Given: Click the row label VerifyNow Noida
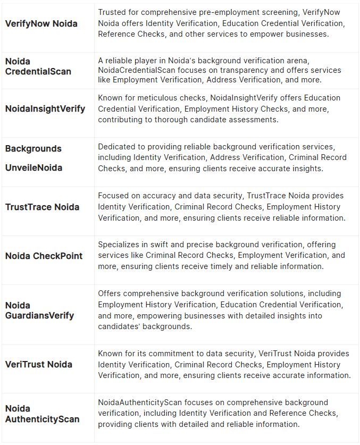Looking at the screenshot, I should point(41,23).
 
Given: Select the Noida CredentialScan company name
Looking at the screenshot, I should point(38,66).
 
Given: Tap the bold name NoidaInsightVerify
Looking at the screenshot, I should point(45,108).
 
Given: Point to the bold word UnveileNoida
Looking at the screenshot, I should point(34,167).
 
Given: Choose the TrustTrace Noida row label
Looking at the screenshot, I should point(42,207).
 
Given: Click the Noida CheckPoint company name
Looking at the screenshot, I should point(44,256).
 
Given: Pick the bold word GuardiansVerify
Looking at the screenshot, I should point(40,315).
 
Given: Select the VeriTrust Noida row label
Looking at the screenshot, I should point(38,364).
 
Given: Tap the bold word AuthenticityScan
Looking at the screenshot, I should point(42,419).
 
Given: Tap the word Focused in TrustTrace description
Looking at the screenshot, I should point(113,195).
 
